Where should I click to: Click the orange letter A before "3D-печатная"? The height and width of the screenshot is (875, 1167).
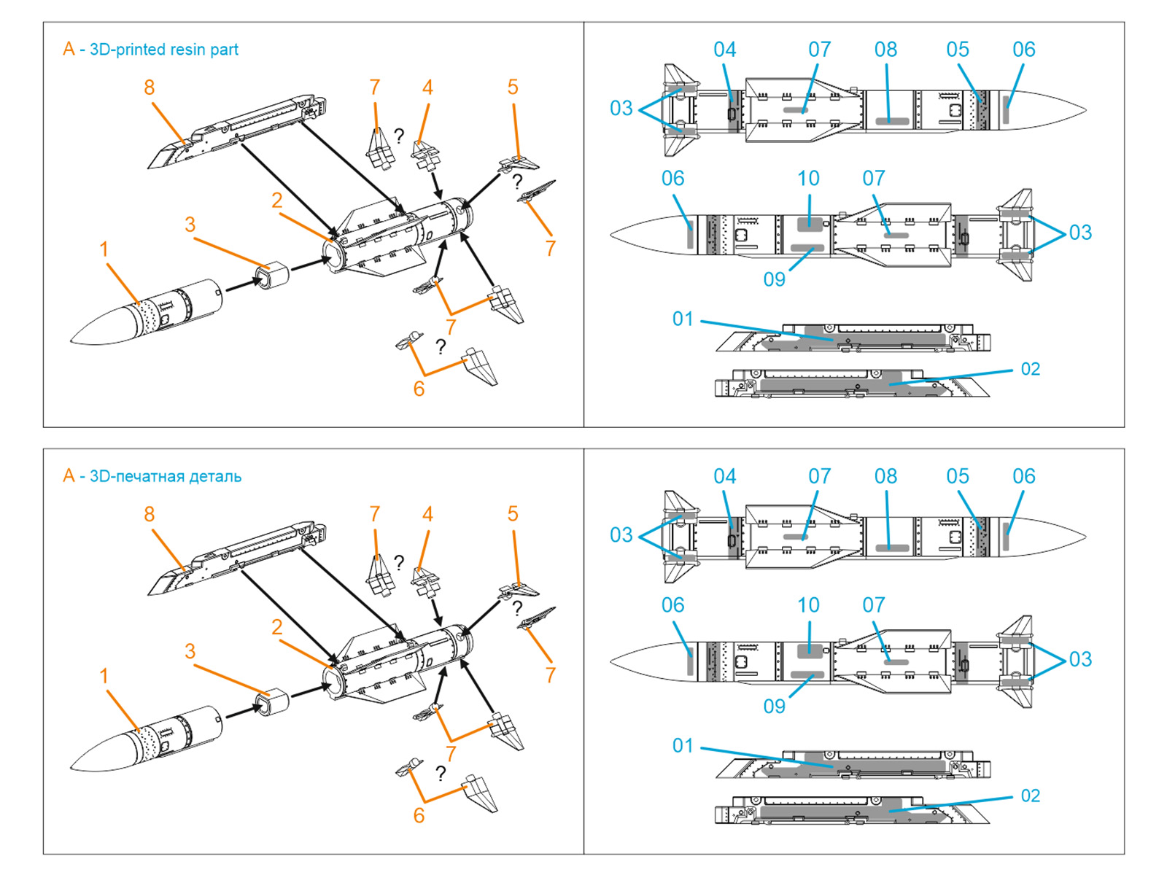(x=69, y=476)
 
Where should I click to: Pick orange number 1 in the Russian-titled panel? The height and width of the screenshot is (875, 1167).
(x=104, y=676)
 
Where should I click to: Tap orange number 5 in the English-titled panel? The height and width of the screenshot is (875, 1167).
(x=513, y=87)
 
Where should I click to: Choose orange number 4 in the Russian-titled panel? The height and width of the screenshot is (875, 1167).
(x=427, y=514)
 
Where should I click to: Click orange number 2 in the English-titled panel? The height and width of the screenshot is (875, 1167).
(x=277, y=201)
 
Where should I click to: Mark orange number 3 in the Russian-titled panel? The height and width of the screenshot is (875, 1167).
(x=190, y=651)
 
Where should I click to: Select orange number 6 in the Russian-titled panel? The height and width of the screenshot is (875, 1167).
(x=419, y=815)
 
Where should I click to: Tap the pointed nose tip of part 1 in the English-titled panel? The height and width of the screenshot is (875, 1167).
(x=72, y=341)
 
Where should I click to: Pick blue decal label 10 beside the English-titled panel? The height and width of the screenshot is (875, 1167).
(x=808, y=179)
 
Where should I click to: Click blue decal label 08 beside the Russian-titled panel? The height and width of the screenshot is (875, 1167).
(x=885, y=476)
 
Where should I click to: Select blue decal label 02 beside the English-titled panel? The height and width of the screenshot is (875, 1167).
(x=1030, y=369)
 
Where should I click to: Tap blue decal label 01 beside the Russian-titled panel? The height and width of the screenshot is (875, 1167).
(x=683, y=746)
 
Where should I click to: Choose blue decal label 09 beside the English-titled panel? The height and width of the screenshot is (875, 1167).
(x=774, y=279)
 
